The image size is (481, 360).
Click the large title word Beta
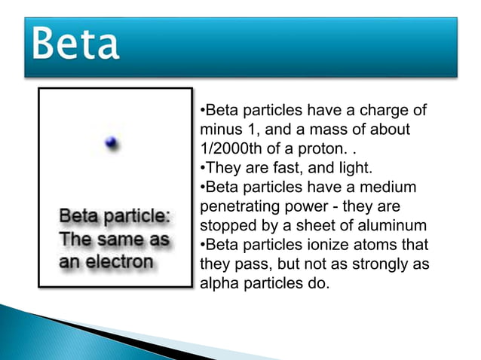pyautogui.click(x=75, y=45)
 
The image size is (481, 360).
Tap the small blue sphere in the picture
pyautogui.click(x=112, y=143)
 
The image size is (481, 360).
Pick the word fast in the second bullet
pyautogui.click(x=283, y=167)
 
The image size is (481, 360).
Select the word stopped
pyautogui.click(x=225, y=224)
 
